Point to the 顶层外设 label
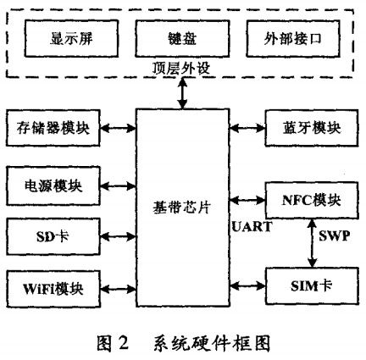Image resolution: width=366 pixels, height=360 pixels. point(181,70)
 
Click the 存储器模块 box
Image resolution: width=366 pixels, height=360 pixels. point(53,129)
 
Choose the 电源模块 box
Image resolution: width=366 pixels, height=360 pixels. point(53,183)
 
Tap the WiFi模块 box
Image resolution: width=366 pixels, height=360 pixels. point(53,285)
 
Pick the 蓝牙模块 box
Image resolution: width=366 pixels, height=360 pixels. point(308,129)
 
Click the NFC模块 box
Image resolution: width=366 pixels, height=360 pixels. point(308,200)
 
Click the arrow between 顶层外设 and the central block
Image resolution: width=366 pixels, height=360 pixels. point(182,93)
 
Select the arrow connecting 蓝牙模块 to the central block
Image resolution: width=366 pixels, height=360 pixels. point(247,129)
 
